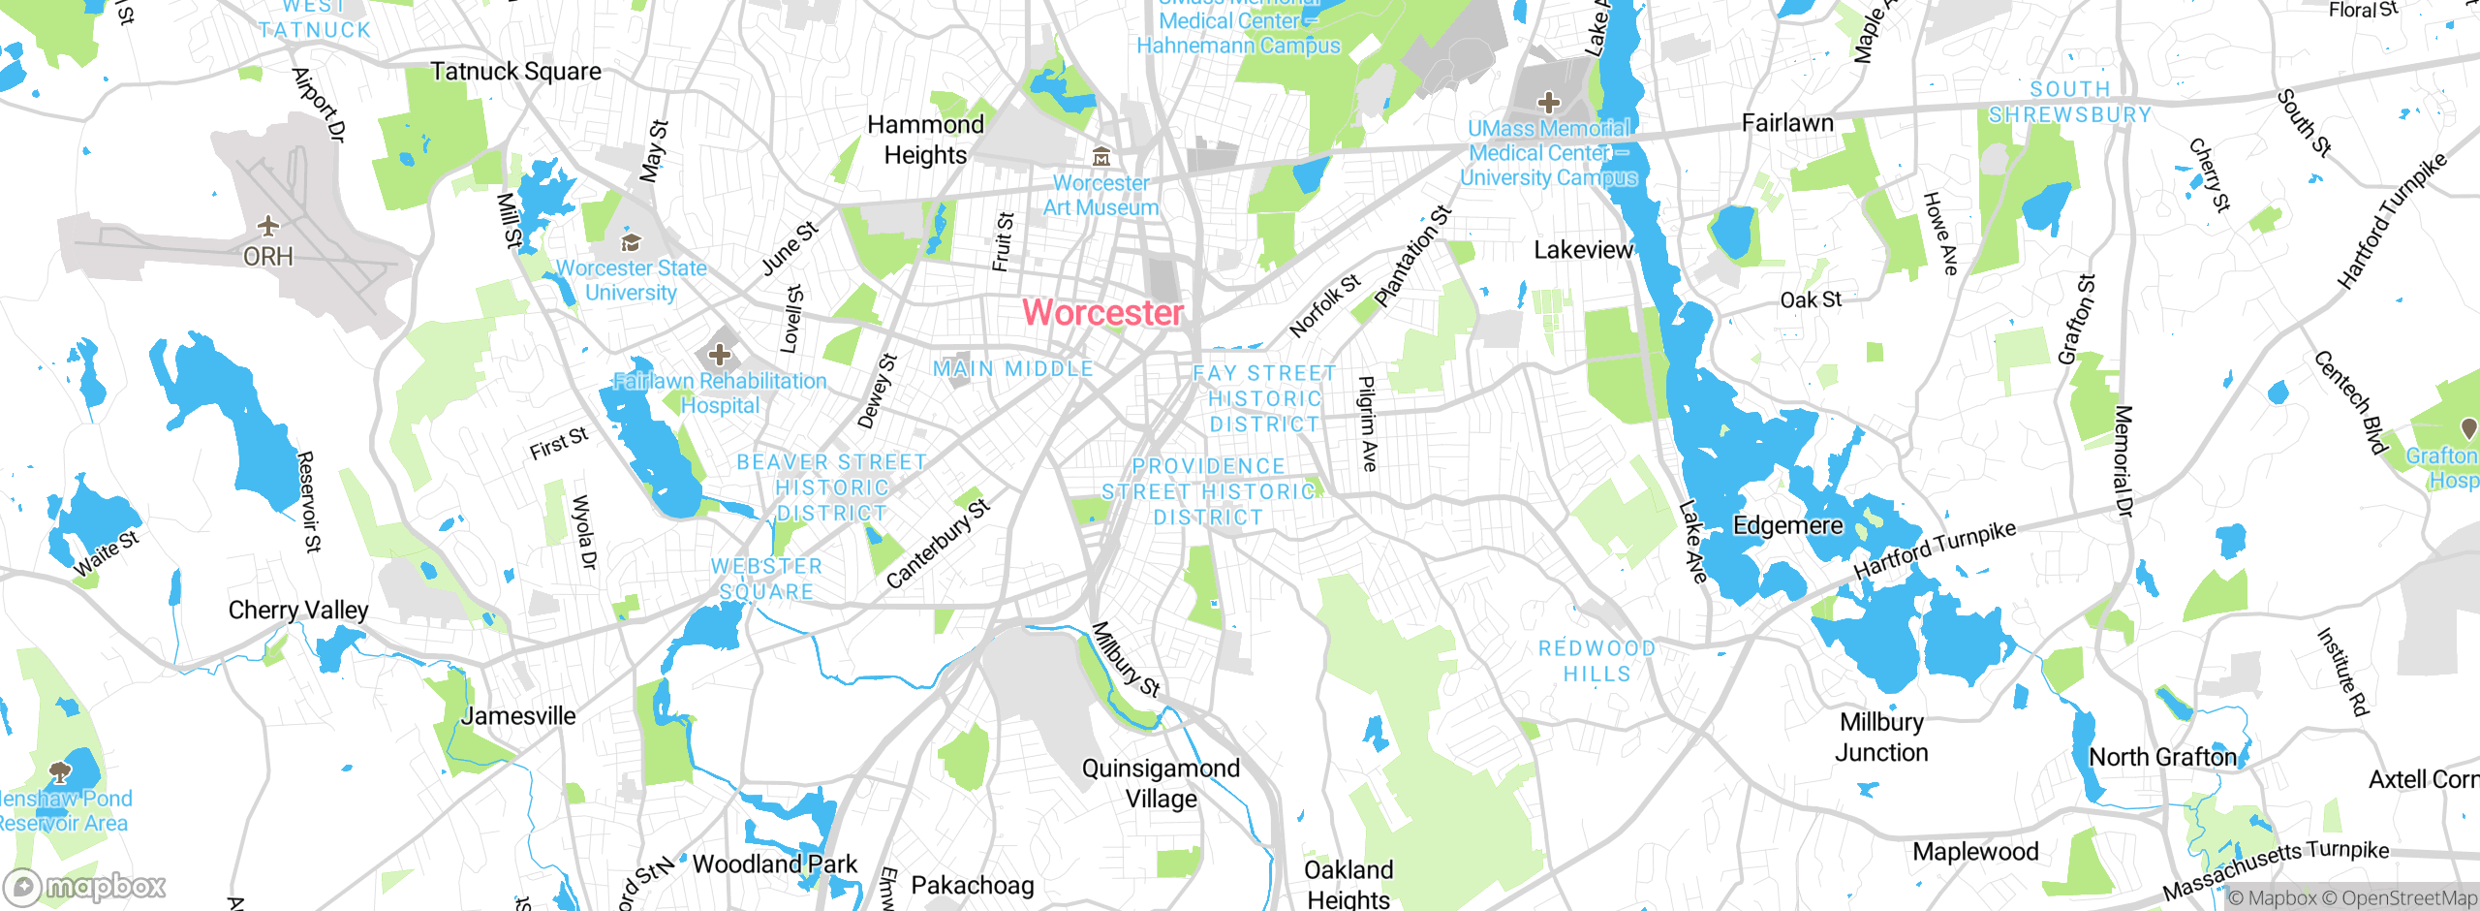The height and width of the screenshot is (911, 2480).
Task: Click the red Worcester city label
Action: (x=1102, y=313)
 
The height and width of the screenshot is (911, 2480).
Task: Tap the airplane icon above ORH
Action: (x=268, y=227)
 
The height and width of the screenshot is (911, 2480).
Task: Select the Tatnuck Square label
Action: (x=515, y=72)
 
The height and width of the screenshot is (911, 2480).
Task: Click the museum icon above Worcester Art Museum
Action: (x=1100, y=157)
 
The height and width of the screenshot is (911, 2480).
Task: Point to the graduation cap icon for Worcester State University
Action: (x=631, y=242)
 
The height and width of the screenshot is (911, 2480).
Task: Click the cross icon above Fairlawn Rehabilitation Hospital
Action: (x=719, y=355)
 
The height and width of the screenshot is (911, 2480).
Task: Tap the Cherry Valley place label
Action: (x=298, y=610)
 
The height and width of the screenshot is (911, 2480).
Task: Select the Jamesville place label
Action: (x=518, y=716)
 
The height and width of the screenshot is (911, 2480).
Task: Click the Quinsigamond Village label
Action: (x=1161, y=783)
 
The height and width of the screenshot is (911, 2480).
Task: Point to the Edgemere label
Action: (x=1787, y=525)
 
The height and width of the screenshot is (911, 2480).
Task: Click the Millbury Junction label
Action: (x=1881, y=738)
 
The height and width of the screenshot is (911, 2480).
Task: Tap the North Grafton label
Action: (x=2162, y=757)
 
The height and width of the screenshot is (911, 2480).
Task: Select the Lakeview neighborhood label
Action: (x=1583, y=250)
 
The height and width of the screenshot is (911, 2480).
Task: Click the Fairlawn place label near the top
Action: (x=1787, y=123)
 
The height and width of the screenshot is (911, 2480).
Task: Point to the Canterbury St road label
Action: (x=937, y=544)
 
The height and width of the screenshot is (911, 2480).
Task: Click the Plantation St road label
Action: (x=1413, y=257)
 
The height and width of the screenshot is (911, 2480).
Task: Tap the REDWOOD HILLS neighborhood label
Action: (x=1596, y=661)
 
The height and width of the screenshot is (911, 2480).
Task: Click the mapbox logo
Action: (x=85, y=887)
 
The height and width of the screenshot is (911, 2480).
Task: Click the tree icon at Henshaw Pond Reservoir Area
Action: (x=60, y=772)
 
